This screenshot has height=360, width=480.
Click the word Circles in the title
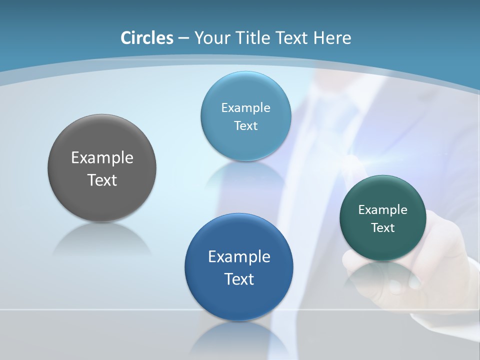[147, 38]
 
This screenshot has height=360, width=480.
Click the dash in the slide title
[183, 38]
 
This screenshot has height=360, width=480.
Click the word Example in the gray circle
[102, 158]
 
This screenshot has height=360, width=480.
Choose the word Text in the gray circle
[102, 180]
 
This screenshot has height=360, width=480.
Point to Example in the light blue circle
[245, 108]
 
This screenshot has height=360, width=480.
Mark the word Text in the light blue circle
[245, 126]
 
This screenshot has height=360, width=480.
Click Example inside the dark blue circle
[239, 257]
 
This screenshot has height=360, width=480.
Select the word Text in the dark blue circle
[239, 279]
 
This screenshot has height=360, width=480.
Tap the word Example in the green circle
[383, 210]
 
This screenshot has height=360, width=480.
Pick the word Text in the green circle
[383, 228]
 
